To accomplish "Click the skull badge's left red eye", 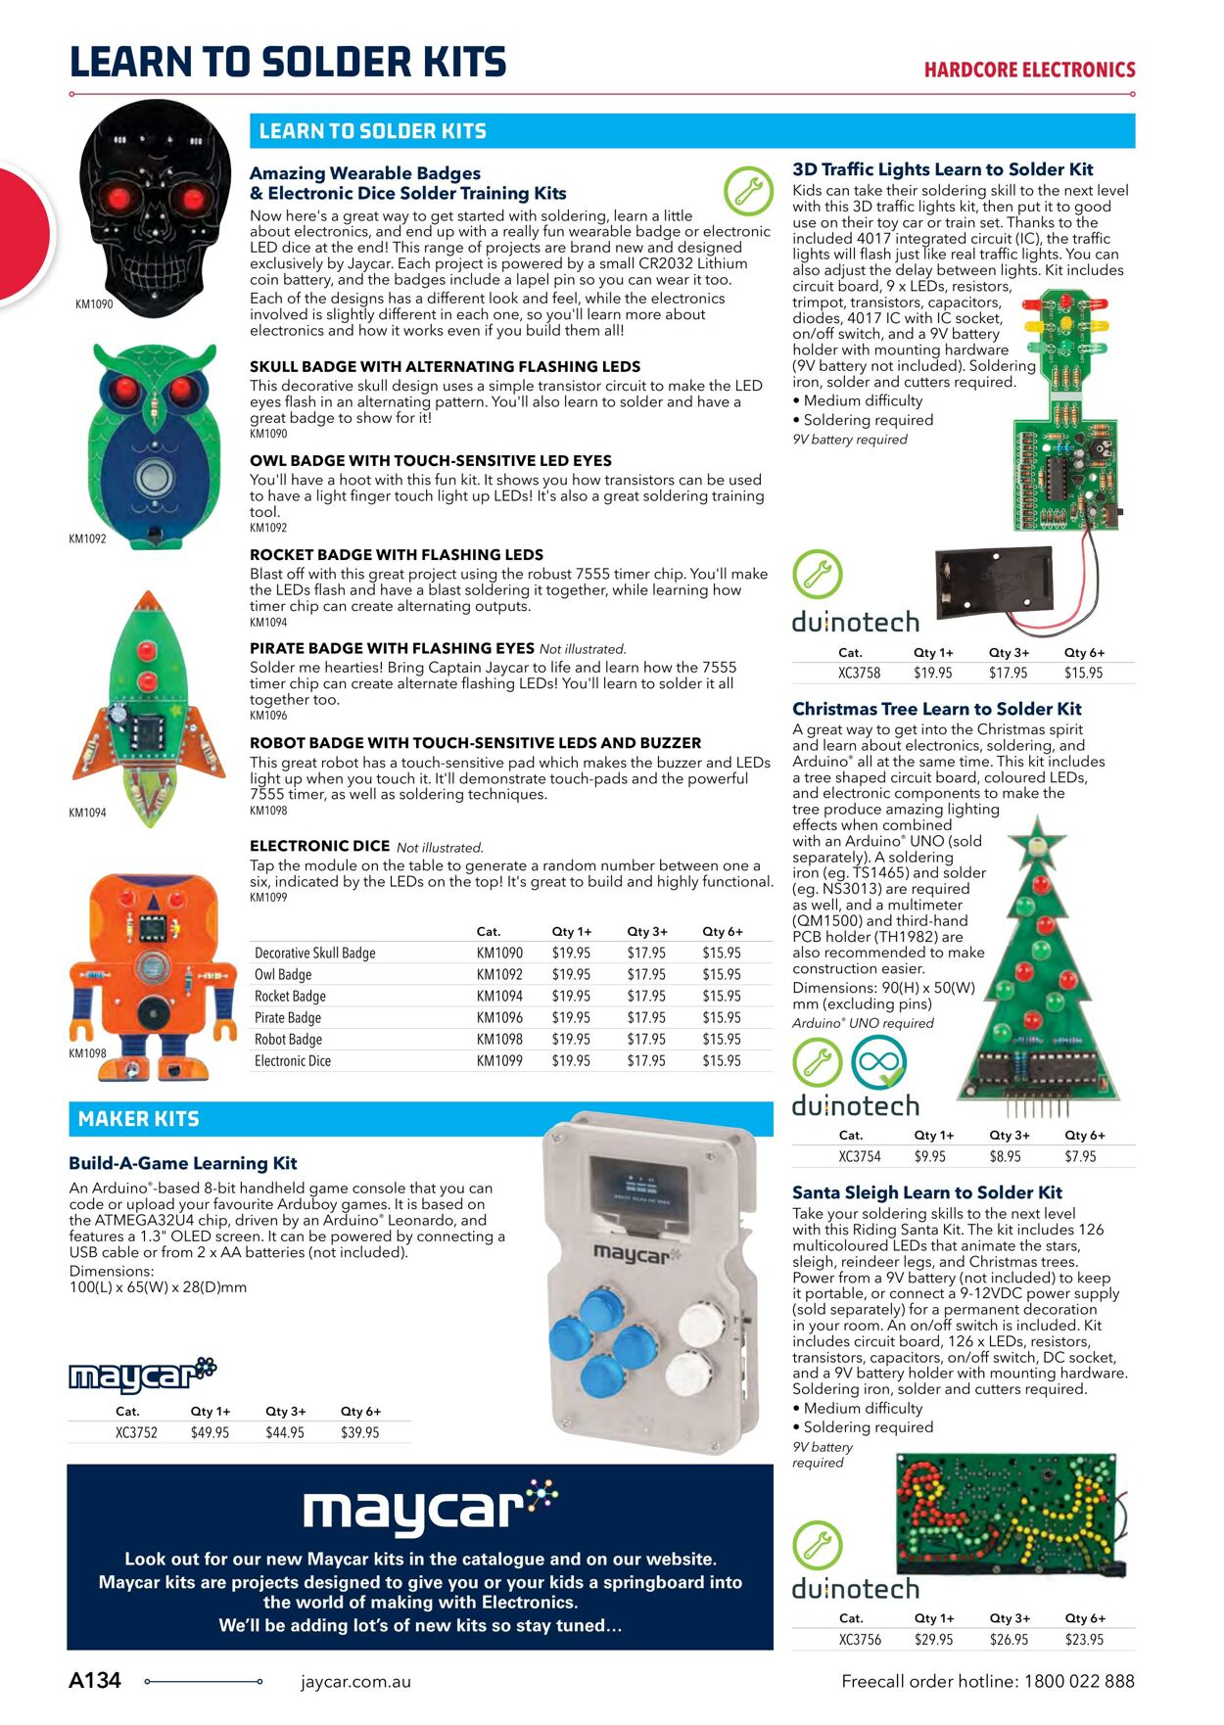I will point(119,199).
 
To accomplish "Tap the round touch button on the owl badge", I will point(153,478).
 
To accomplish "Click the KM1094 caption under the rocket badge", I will point(87,813).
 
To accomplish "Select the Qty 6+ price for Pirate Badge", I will point(722,1018).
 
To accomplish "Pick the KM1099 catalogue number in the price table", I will point(499,1061).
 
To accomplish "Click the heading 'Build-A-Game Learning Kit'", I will point(182,1163).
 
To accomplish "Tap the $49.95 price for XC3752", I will point(210,1432).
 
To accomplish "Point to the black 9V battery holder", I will point(995,584).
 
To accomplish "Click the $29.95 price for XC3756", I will point(933,1640).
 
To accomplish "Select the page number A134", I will point(95,1681).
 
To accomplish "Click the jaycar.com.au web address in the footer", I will point(355,1682).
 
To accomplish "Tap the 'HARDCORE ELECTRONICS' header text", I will point(1029,70).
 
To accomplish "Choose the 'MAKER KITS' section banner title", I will point(138,1119).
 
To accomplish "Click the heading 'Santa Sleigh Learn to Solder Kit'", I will point(926,1192).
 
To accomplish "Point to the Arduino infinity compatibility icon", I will point(878,1063).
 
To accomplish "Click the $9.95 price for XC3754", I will point(930,1157).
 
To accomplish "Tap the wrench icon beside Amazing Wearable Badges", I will point(748,191).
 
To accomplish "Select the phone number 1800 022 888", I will point(1079,1682).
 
